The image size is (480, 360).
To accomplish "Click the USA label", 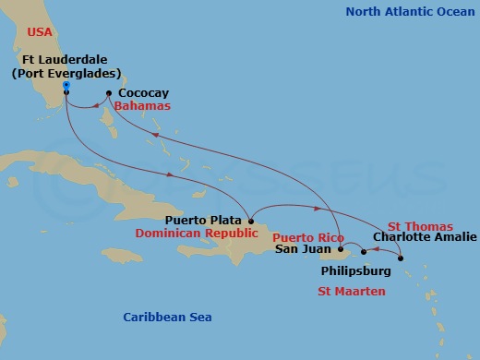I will [x=40, y=31].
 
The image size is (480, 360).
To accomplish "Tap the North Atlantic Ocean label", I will [x=407, y=11].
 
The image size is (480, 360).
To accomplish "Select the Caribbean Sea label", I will [x=167, y=318].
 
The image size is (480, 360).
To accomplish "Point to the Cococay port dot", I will [x=109, y=93].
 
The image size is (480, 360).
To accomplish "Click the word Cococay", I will [x=143, y=94].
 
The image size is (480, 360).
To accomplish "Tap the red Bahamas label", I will [x=144, y=107].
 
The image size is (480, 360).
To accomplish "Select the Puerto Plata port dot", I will [x=251, y=221].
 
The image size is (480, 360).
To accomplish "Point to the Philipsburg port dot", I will [x=364, y=252].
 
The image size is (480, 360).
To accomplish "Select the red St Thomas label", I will [x=420, y=226].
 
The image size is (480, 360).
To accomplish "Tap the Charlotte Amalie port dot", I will [x=401, y=258].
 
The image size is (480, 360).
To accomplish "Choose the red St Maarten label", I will [x=351, y=292].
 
